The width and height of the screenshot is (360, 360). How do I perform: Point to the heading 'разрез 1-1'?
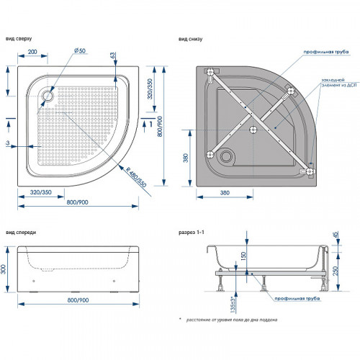[x=192, y=233]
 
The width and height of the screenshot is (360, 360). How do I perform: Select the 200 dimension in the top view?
[x=32, y=53]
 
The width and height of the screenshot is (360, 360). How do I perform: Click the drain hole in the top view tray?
[x=48, y=92]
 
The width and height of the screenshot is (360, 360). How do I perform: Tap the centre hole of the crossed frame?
[x=253, y=130]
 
